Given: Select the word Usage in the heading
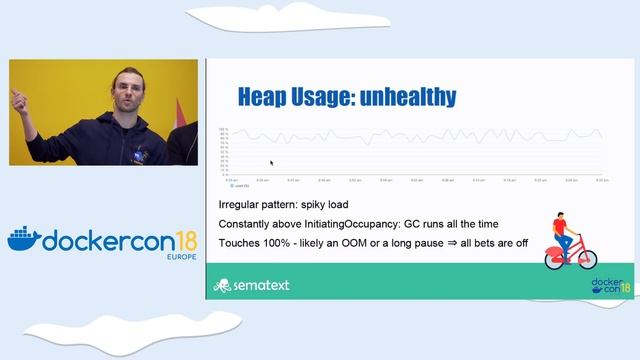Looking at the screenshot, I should (329, 97).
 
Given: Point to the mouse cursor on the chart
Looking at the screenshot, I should (270, 162).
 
